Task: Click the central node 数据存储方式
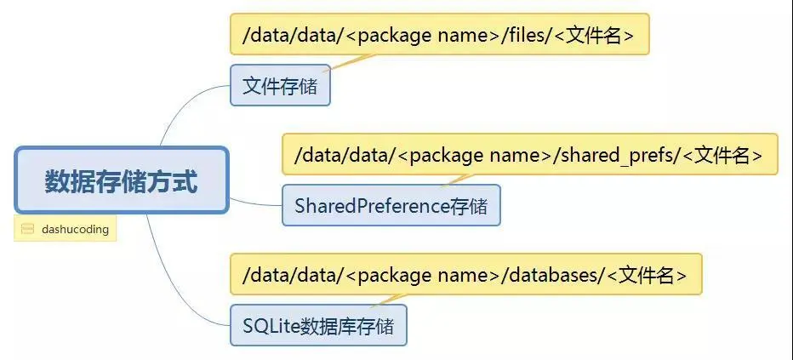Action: pyautogui.click(x=121, y=181)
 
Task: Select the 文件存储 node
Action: pyautogui.click(x=280, y=86)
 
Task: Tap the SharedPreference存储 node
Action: pyautogui.click(x=391, y=205)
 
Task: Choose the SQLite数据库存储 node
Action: pyautogui.click(x=318, y=325)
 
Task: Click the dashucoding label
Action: pyautogui.click(x=75, y=229)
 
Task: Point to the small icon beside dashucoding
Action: pyautogui.click(x=27, y=229)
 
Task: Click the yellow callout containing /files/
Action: pyautogui.click(x=439, y=35)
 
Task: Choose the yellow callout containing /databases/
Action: pyautogui.click(x=465, y=274)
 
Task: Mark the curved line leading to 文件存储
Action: pyautogui.click(x=184, y=111)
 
